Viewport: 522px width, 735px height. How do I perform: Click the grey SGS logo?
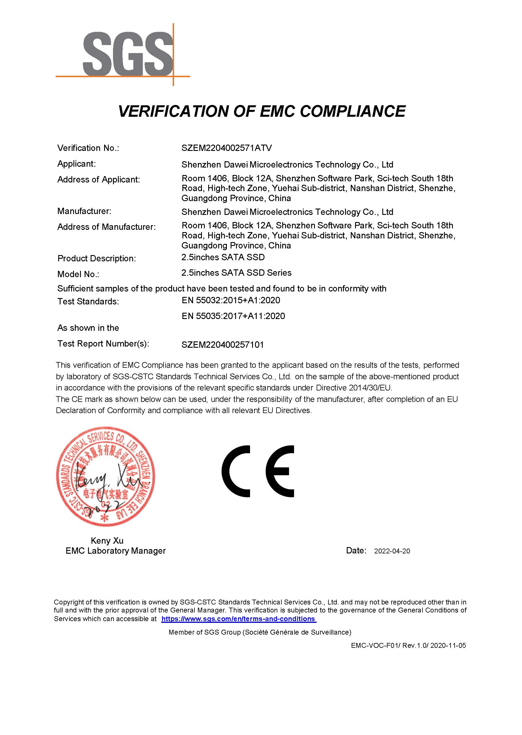(x=128, y=54)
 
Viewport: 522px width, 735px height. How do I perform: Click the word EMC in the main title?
(x=276, y=112)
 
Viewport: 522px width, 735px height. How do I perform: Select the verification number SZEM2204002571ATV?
(x=227, y=148)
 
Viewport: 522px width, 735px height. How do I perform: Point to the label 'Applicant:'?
(x=77, y=164)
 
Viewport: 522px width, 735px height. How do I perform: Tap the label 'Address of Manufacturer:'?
(x=106, y=227)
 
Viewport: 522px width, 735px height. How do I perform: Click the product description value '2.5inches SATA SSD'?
(x=223, y=257)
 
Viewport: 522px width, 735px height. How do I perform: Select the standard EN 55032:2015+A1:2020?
(x=231, y=300)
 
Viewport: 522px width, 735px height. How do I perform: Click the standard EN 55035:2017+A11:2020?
(x=233, y=316)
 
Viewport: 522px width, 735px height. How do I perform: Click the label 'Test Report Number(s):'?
(x=103, y=344)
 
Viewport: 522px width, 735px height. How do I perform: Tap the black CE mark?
(x=258, y=471)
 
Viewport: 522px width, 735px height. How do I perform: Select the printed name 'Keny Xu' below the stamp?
(x=107, y=540)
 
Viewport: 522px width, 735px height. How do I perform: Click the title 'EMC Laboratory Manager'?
(x=115, y=551)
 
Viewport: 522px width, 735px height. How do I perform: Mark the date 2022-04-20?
(x=392, y=551)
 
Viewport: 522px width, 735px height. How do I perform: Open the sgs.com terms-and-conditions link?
(x=239, y=619)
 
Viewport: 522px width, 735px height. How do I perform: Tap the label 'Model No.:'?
(x=78, y=274)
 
